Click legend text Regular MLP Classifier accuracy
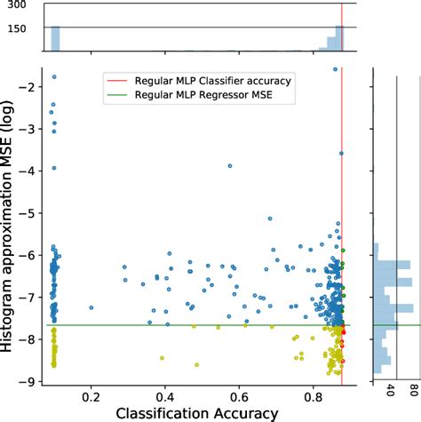pos(211,81)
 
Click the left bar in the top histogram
pos(54,38)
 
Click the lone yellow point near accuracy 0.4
pos(162,358)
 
